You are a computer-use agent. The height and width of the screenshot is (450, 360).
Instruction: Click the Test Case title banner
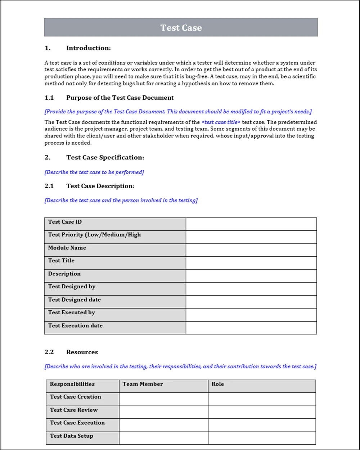(181, 28)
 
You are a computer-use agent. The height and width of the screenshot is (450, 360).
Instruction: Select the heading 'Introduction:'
(88, 48)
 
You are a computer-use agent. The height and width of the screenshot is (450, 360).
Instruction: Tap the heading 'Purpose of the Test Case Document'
(120, 98)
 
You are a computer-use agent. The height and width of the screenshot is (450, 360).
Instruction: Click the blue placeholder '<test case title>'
(221, 122)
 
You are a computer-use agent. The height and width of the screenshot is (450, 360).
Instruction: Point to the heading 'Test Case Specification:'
(105, 158)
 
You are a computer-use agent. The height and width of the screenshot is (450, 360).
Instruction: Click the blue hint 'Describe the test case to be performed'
(94, 172)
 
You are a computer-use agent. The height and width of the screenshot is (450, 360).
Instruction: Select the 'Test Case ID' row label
(65, 222)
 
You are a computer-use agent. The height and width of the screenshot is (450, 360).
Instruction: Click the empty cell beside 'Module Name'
(251, 250)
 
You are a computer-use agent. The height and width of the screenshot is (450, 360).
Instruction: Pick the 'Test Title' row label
(62, 261)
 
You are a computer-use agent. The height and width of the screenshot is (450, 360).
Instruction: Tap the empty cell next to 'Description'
(251, 276)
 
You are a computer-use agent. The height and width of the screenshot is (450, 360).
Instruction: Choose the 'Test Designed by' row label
(72, 287)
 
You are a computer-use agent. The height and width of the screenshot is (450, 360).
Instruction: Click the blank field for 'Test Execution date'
(251, 328)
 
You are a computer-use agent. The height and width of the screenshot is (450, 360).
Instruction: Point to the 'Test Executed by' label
(72, 312)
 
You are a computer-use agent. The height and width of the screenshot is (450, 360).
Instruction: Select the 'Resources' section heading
(82, 352)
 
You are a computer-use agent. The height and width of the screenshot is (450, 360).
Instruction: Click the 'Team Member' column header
(143, 384)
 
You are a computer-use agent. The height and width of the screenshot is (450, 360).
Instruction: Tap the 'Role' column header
(218, 384)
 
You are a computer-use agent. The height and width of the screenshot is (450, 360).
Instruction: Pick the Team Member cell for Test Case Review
(163, 412)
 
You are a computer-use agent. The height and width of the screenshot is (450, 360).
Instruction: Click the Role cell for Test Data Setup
(262, 438)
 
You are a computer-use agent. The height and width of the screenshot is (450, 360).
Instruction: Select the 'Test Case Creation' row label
(76, 397)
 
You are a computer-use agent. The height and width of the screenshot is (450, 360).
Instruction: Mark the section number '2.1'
(49, 186)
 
